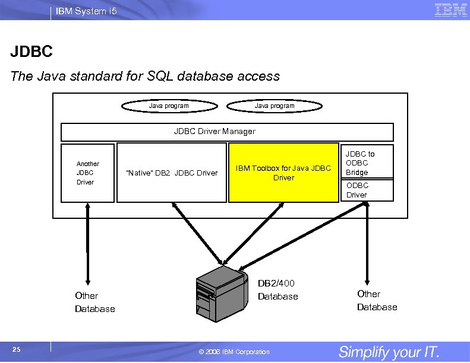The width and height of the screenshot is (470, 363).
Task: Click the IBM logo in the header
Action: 450,9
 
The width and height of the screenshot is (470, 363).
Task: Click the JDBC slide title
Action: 31,52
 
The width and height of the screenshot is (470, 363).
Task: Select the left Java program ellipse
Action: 169,106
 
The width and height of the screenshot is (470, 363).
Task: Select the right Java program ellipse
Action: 275,106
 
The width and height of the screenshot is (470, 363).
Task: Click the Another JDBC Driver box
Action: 87,173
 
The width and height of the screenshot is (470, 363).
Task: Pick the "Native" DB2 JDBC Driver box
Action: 172,173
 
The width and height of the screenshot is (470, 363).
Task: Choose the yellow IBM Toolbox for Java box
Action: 283,173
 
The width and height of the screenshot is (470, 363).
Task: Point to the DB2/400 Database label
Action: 277,290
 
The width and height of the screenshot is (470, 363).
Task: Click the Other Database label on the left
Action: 94,302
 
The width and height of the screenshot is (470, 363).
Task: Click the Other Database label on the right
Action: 377,300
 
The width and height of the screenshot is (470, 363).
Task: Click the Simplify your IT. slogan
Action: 389,352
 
